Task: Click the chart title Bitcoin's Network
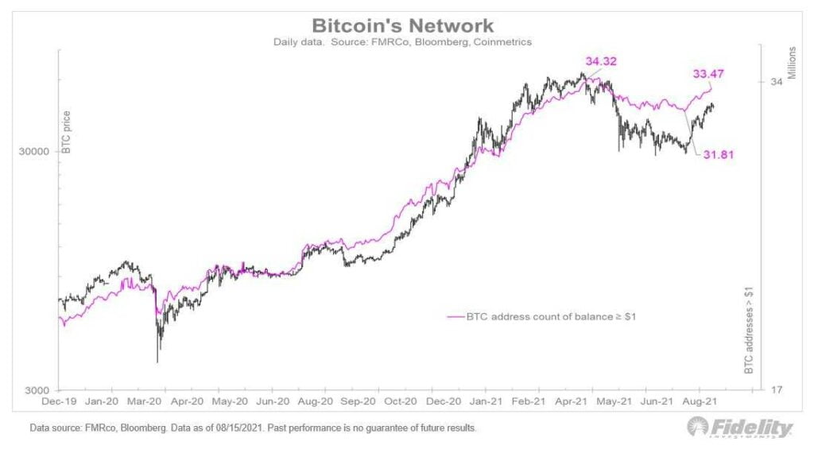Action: [x=403, y=25]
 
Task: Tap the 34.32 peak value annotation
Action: [x=601, y=61]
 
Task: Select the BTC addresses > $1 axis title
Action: [x=748, y=329]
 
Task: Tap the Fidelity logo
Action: [x=740, y=428]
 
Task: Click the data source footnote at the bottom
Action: [x=253, y=428]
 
